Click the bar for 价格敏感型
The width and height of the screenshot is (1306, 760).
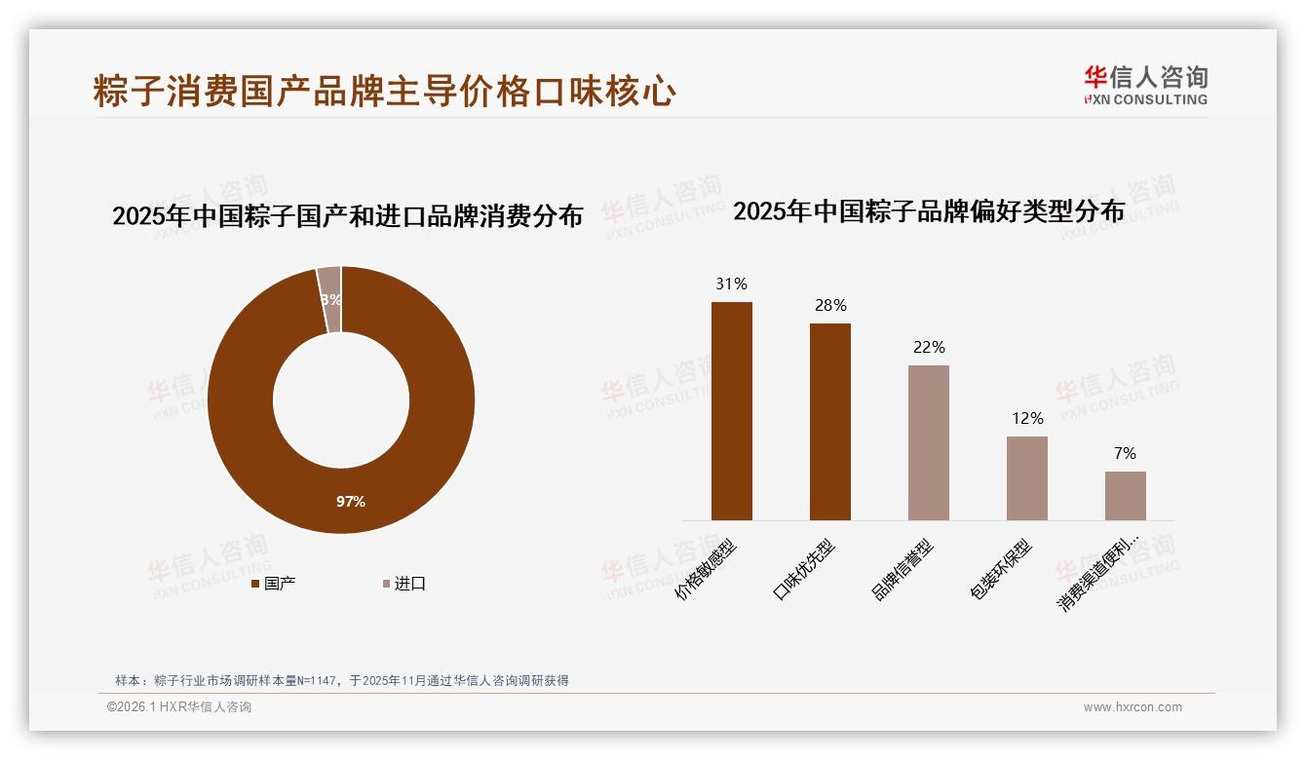click(731, 410)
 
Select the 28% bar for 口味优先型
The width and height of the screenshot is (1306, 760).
click(829, 421)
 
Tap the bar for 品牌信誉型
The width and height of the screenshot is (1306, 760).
click(928, 442)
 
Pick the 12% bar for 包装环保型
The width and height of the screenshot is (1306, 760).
click(1026, 477)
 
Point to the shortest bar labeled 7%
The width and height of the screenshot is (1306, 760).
click(1125, 495)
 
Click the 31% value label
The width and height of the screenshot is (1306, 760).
click(731, 284)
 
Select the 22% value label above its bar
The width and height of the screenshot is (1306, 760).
click(929, 347)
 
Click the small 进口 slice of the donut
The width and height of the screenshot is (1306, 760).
click(329, 298)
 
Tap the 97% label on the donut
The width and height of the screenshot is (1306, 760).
click(351, 501)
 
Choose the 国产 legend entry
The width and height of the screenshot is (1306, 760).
click(274, 584)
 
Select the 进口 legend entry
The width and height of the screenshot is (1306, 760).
click(403, 584)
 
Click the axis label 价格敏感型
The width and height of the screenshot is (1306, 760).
click(707, 569)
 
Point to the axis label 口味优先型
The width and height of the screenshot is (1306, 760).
click(804, 570)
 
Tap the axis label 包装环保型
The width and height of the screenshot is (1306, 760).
click(1001, 569)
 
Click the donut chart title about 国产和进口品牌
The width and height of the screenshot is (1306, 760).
click(347, 215)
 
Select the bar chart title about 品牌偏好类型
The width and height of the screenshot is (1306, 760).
click(929, 210)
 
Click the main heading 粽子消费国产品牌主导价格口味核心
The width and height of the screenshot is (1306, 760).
click(385, 91)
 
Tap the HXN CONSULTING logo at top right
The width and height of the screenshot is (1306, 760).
click(1145, 85)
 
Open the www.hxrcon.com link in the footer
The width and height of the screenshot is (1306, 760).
click(1133, 707)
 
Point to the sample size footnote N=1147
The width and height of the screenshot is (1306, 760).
click(341, 681)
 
